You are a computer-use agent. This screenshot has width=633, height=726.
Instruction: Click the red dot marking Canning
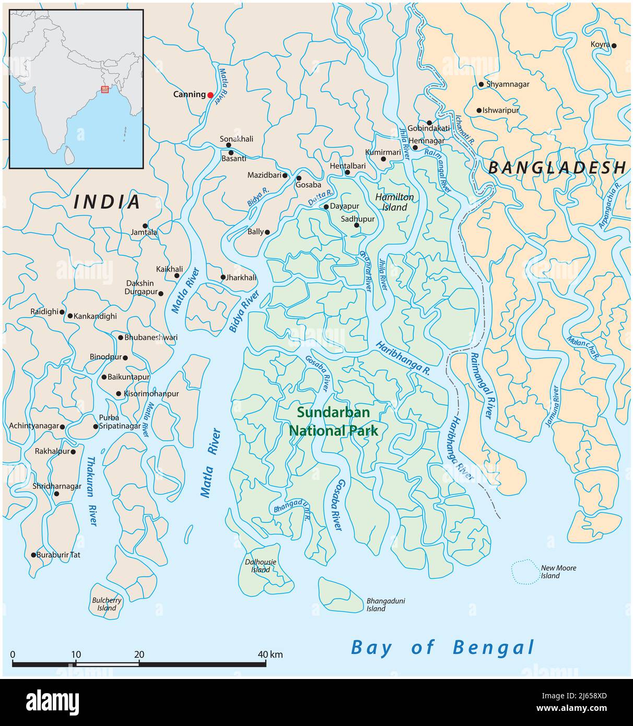coord(210,95)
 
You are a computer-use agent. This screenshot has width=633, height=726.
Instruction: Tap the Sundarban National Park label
coord(333,421)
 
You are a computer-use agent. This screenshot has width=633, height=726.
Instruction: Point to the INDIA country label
coord(107,202)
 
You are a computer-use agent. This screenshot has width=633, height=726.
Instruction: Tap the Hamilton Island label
coord(394,202)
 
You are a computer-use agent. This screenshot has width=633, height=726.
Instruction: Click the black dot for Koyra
coord(614,46)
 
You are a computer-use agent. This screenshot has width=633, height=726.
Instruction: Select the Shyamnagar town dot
coord(481,84)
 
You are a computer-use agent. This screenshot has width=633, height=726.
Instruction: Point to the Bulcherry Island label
coord(107,604)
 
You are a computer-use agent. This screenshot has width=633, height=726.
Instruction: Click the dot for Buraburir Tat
coord(33,555)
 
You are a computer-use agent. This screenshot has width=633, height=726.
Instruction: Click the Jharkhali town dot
coord(223,277)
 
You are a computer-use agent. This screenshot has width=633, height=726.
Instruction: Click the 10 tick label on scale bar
coord(76,654)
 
